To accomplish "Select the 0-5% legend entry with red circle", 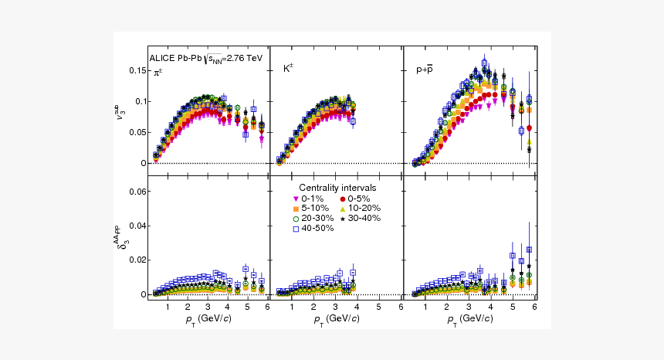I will pos(354,199).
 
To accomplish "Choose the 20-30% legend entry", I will pos(313,219).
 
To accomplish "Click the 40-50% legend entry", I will pos(313,229).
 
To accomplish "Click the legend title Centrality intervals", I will pos(338,188).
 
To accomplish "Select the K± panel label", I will pos(288,69).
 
